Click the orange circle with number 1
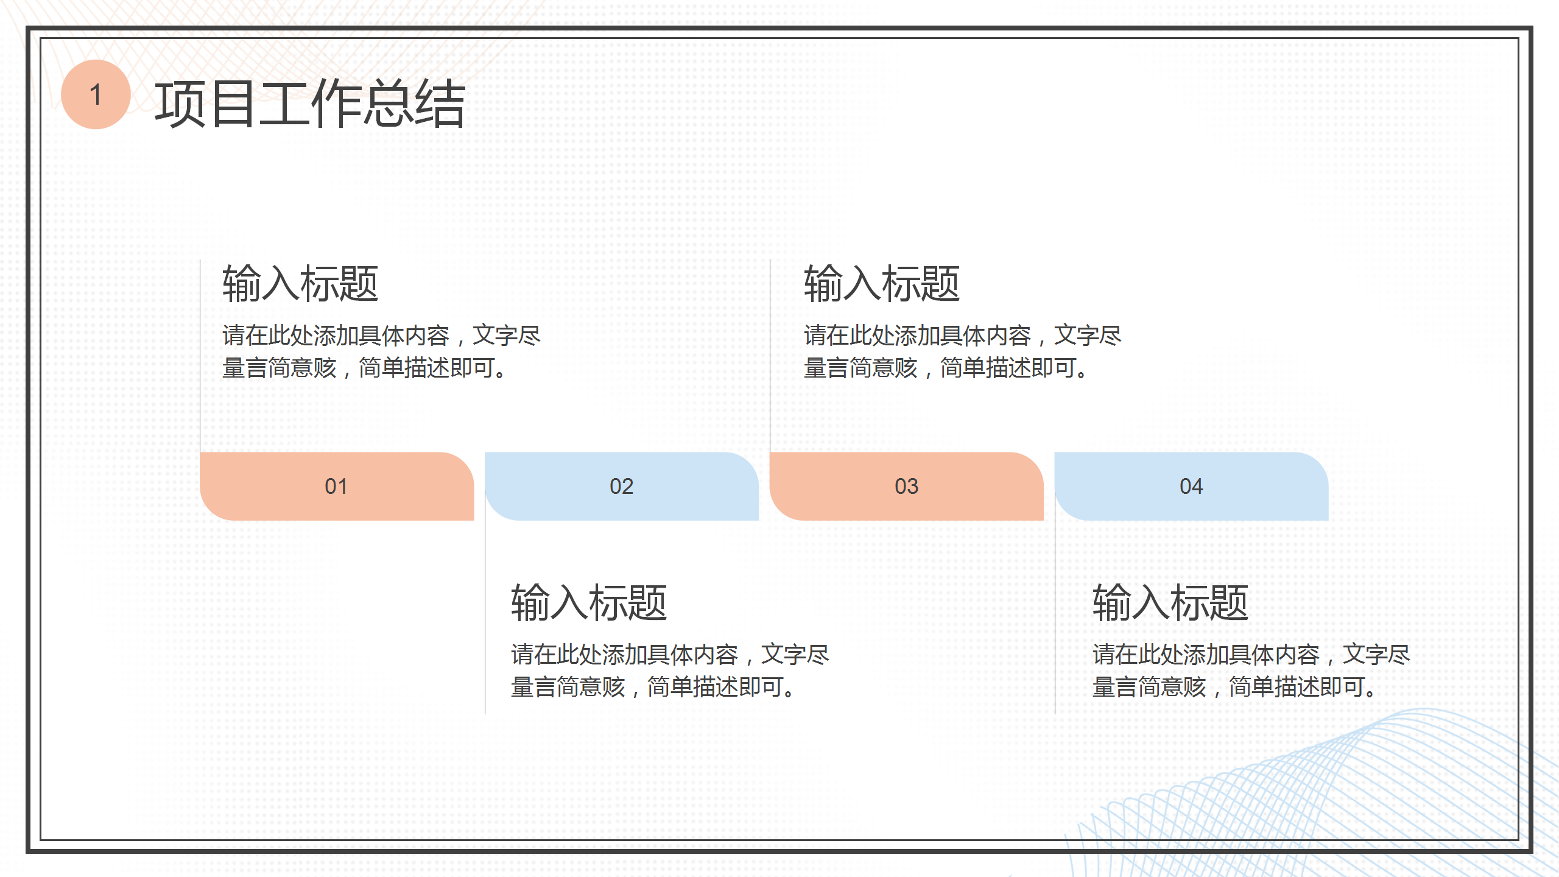coord(96,94)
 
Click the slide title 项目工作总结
coord(309,104)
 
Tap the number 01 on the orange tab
coord(336,486)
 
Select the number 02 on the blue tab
coord(621,486)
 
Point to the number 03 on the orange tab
coord(906,486)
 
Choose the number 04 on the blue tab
coord(1191,486)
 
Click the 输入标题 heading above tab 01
coord(300,284)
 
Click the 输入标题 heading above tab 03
coord(881,284)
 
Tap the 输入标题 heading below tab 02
coord(589,603)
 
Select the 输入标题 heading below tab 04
coord(1170,603)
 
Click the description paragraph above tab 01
coord(381,351)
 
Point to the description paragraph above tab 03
coord(962,351)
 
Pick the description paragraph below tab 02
coord(669,671)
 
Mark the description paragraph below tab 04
coord(1251,671)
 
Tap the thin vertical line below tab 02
coord(485,615)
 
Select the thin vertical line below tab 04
coord(1055,615)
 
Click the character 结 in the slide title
coord(440,104)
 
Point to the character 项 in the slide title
coord(180,104)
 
